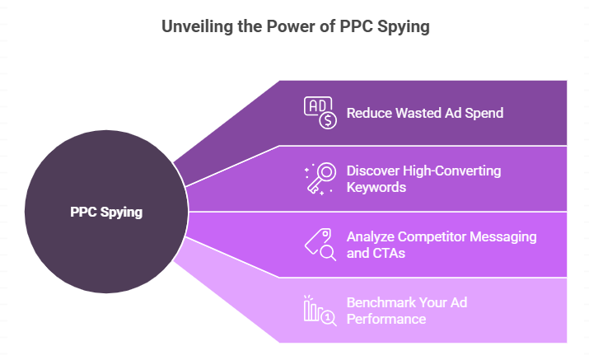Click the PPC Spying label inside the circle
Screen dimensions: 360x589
pos(106,212)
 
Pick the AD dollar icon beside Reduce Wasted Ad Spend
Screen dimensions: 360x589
pos(320,113)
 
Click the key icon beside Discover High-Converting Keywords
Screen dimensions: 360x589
pos(320,178)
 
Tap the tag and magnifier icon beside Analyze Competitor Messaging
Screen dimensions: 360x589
pos(320,244)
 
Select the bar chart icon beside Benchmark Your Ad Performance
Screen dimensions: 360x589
pos(320,311)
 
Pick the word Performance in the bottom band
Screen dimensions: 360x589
pos(386,318)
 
